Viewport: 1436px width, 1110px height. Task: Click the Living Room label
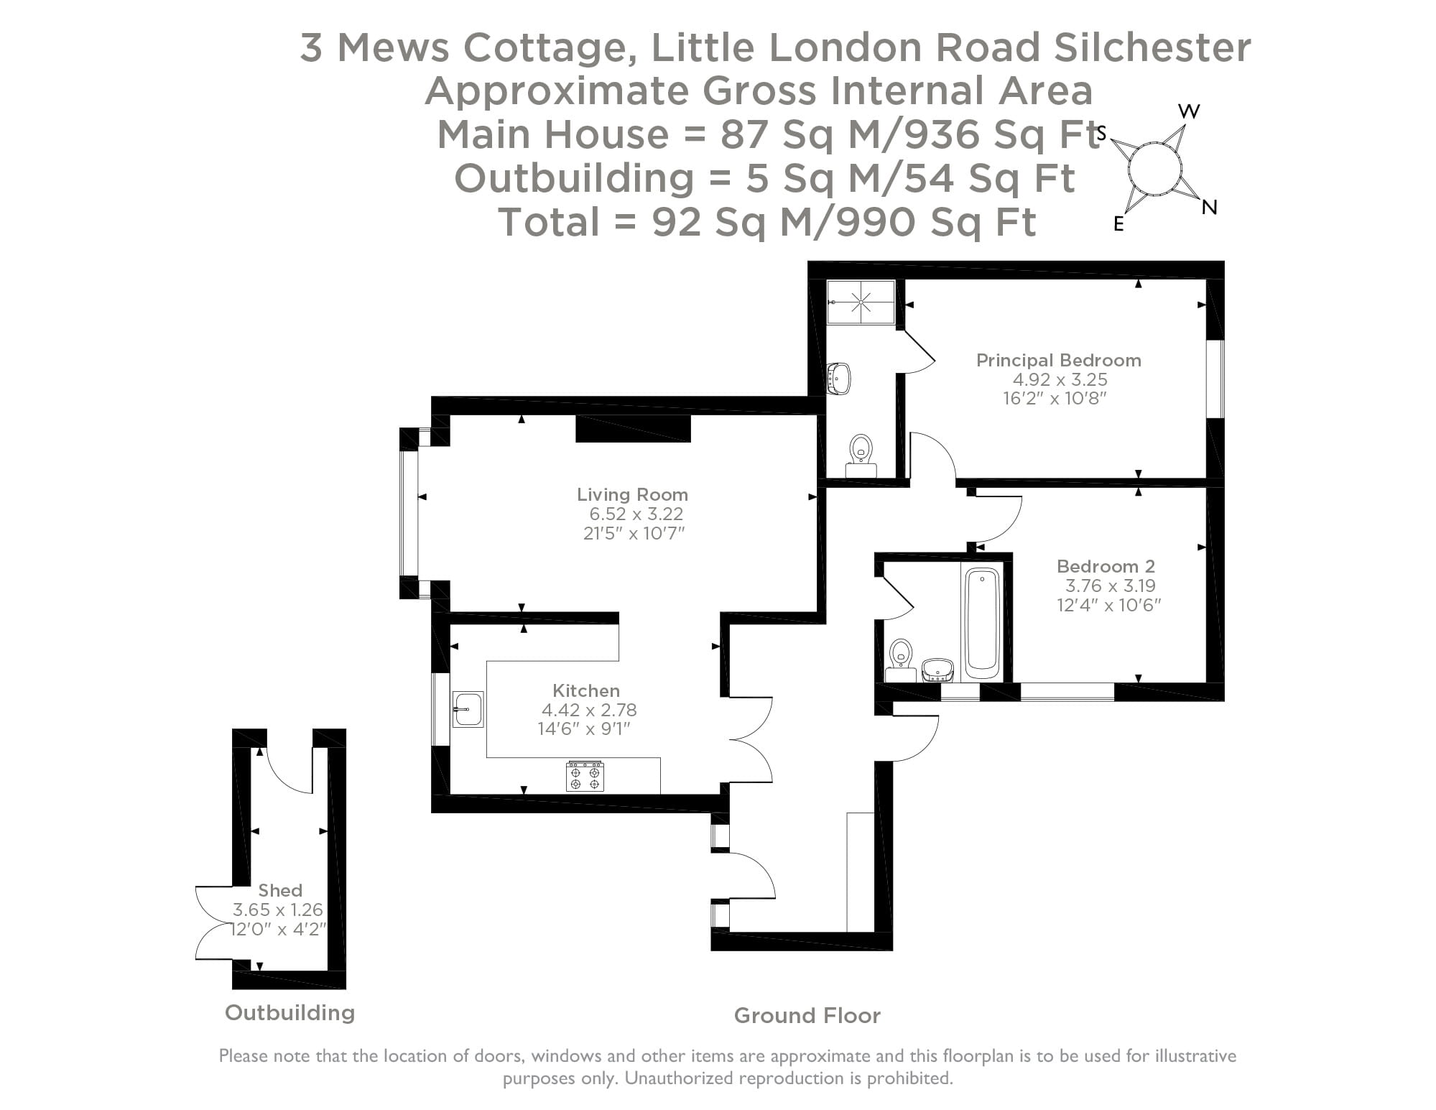pyautogui.click(x=632, y=494)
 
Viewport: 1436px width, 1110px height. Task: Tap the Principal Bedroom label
pyautogui.click(x=1058, y=360)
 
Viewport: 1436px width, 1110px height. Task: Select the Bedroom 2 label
pyautogui.click(x=1106, y=566)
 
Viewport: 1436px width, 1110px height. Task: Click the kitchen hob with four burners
pyautogui.click(x=585, y=777)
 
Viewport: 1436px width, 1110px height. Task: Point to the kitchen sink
pyautogui.click(x=468, y=709)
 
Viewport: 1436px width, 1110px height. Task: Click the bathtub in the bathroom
pyautogui.click(x=981, y=621)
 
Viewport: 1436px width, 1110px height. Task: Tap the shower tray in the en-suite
pyautogui.click(x=861, y=302)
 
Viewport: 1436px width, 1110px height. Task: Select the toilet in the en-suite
pyautogui.click(x=861, y=453)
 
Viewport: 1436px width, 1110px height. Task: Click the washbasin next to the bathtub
pyautogui.click(x=937, y=670)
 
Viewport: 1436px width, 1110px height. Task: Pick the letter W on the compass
pyautogui.click(x=1189, y=111)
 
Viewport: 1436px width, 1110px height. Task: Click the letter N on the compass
pyautogui.click(x=1209, y=208)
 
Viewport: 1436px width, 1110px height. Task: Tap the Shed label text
pyautogui.click(x=280, y=890)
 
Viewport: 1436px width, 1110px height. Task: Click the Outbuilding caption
pyautogui.click(x=289, y=1012)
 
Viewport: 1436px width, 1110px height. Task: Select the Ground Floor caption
pyautogui.click(x=807, y=1015)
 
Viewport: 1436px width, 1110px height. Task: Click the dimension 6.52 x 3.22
pyautogui.click(x=636, y=514)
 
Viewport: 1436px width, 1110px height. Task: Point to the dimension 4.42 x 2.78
pyautogui.click(x=589, y=710)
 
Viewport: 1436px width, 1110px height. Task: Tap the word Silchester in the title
pyautogui.click(x=1152, y=47)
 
